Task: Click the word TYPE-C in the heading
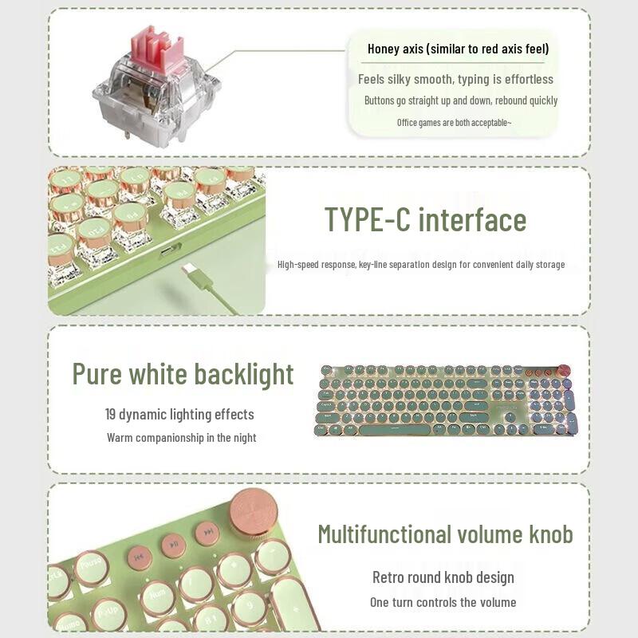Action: [367, 220]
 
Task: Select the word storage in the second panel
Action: [547, 264]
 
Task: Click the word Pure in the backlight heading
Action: [100, 374]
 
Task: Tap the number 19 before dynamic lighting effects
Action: [112, 415]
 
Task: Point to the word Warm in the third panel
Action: [121, 438]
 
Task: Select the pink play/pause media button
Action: [174, 545]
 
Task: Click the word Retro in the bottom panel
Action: [389, 577]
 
